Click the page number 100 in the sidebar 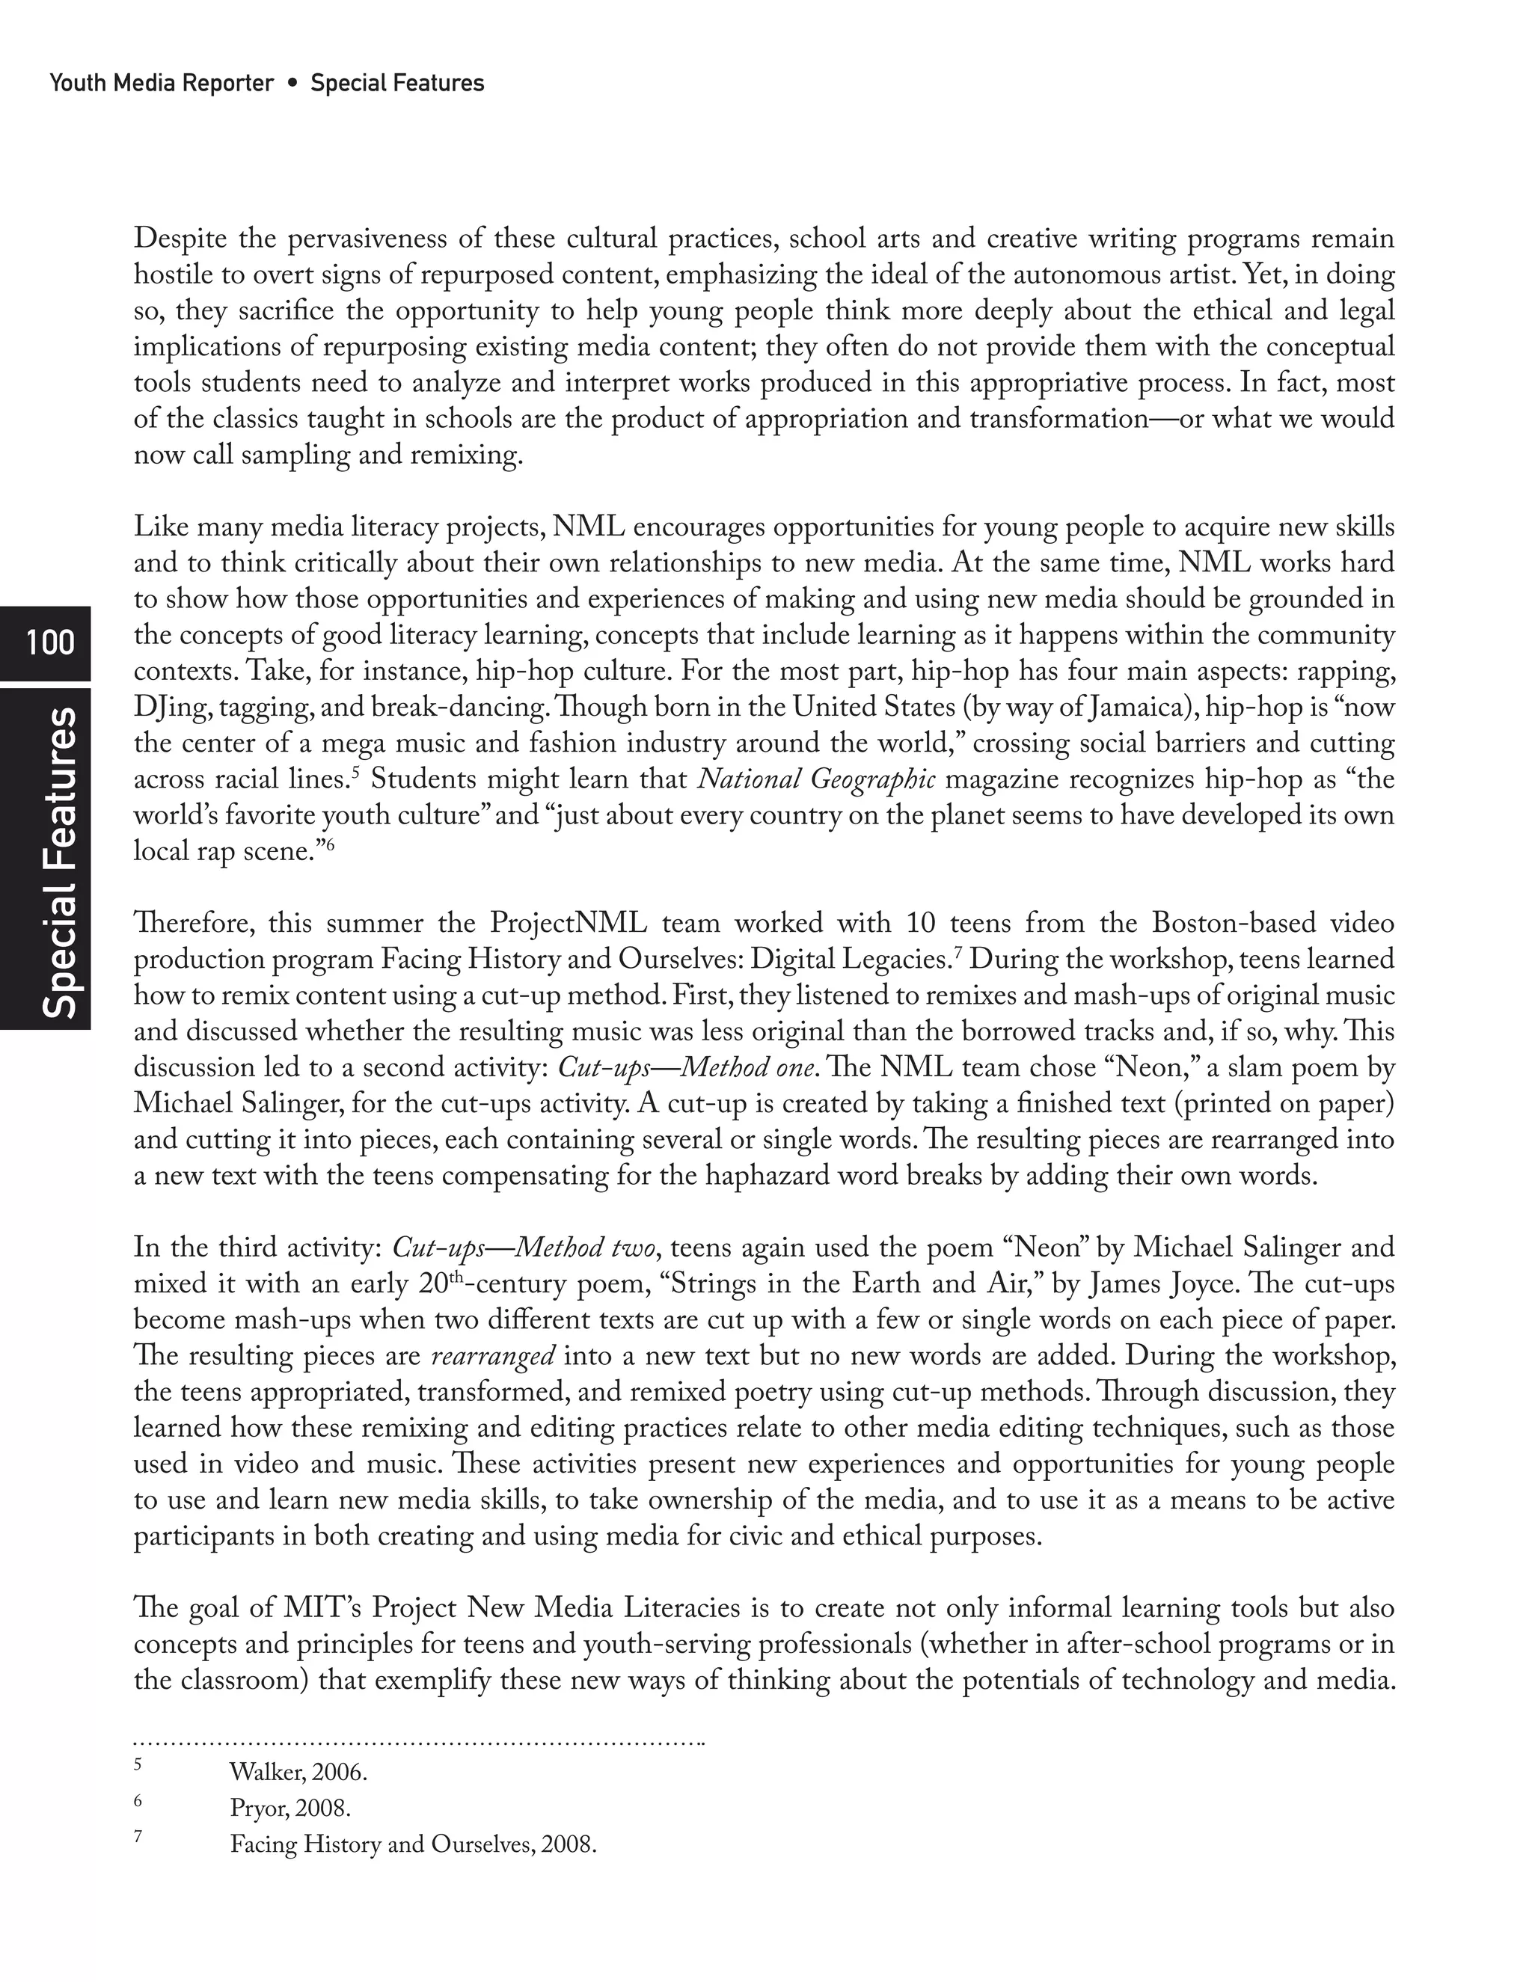click(50, 642)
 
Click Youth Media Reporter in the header click(162, 84)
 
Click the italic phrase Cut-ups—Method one click(685, 1068)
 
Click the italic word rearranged click(493, 1357)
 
